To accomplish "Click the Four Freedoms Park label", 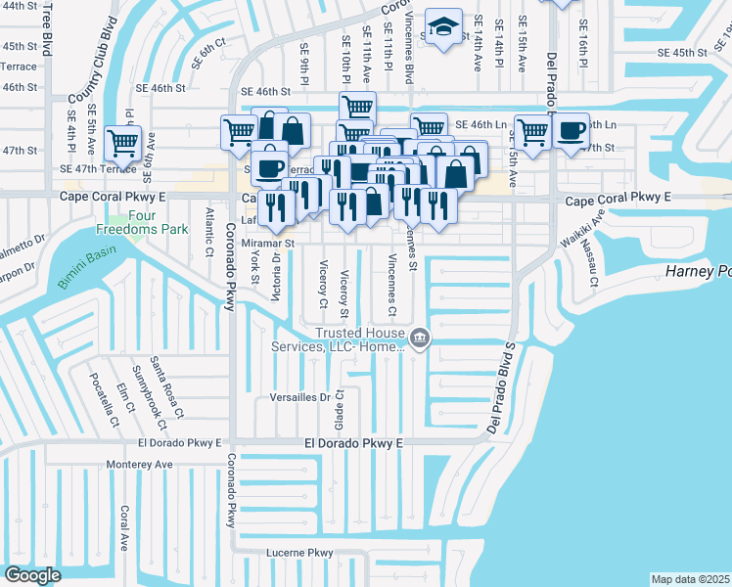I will [142, 222].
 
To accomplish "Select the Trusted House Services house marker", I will [419, 339].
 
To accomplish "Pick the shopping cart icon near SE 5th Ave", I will [122, 141].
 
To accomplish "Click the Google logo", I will [32, 575].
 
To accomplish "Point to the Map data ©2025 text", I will [690, 579].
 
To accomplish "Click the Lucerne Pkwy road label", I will [300, 553].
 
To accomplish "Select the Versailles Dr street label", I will [299, 397].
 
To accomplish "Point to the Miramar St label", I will [268, 242].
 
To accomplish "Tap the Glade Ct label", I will [340, 409].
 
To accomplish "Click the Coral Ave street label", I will [124, 527].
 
